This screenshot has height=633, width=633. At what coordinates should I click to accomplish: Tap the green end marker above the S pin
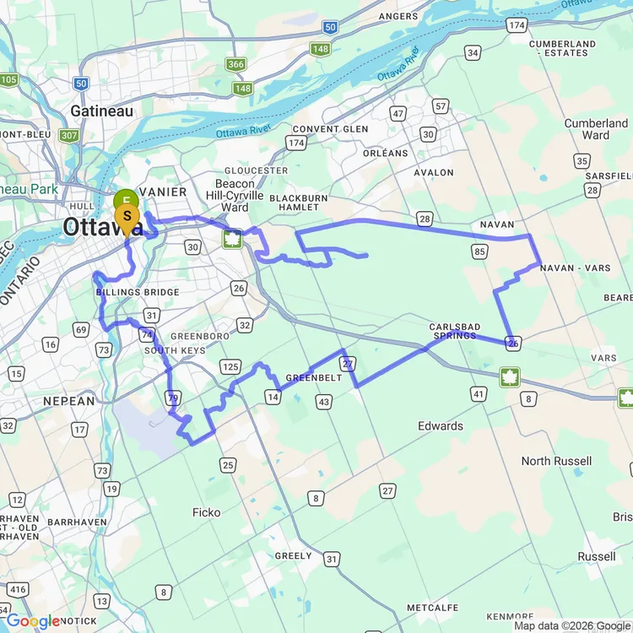125,200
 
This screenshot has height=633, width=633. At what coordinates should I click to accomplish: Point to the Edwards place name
440,426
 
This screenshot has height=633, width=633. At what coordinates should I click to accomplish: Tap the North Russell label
557,461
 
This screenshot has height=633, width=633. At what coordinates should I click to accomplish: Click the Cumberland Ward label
596,129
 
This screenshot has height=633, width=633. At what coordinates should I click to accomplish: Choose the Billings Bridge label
137,293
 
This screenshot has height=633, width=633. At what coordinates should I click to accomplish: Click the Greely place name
293,556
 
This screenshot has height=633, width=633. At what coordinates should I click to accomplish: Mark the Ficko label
206,512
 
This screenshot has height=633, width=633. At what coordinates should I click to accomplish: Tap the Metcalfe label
432,608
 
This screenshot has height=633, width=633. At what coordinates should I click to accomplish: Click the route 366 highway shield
235,64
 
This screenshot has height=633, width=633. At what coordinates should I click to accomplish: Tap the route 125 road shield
230,365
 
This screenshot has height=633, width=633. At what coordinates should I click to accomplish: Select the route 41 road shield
479,393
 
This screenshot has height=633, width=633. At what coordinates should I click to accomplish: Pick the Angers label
398,16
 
